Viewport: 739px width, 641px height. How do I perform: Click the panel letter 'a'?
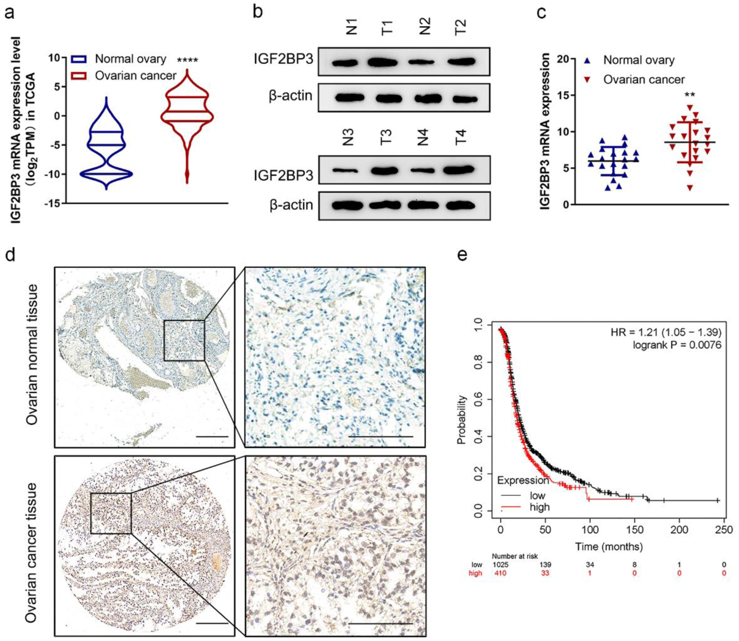(9, 13)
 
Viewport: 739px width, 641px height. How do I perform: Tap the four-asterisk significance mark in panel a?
(187, 61)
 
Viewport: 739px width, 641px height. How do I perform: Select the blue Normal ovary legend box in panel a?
(79, 59)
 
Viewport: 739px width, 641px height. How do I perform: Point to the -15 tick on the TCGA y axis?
(53, 203)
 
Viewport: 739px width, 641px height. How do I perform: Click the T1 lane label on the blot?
(387, 28)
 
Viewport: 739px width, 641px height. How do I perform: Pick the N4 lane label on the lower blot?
(423, 137)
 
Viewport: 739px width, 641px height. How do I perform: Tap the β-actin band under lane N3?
(347, 205)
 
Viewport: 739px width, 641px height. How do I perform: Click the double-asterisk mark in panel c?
(690, 95)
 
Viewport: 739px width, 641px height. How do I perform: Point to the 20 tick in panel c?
(563, 59)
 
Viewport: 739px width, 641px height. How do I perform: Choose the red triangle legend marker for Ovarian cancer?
(588, 79)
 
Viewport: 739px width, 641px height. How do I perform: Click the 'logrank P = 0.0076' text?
(677, 345)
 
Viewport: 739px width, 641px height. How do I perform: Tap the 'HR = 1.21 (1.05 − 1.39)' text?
(666, 332)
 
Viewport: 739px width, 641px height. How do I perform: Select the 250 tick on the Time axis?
(724, 530)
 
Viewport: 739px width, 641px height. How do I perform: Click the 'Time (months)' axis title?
(609, 547)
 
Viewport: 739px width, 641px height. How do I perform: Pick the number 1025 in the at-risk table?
(500, 565)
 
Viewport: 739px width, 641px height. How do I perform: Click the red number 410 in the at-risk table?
(500, 573)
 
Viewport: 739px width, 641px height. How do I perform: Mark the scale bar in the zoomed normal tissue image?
(380, 437)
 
